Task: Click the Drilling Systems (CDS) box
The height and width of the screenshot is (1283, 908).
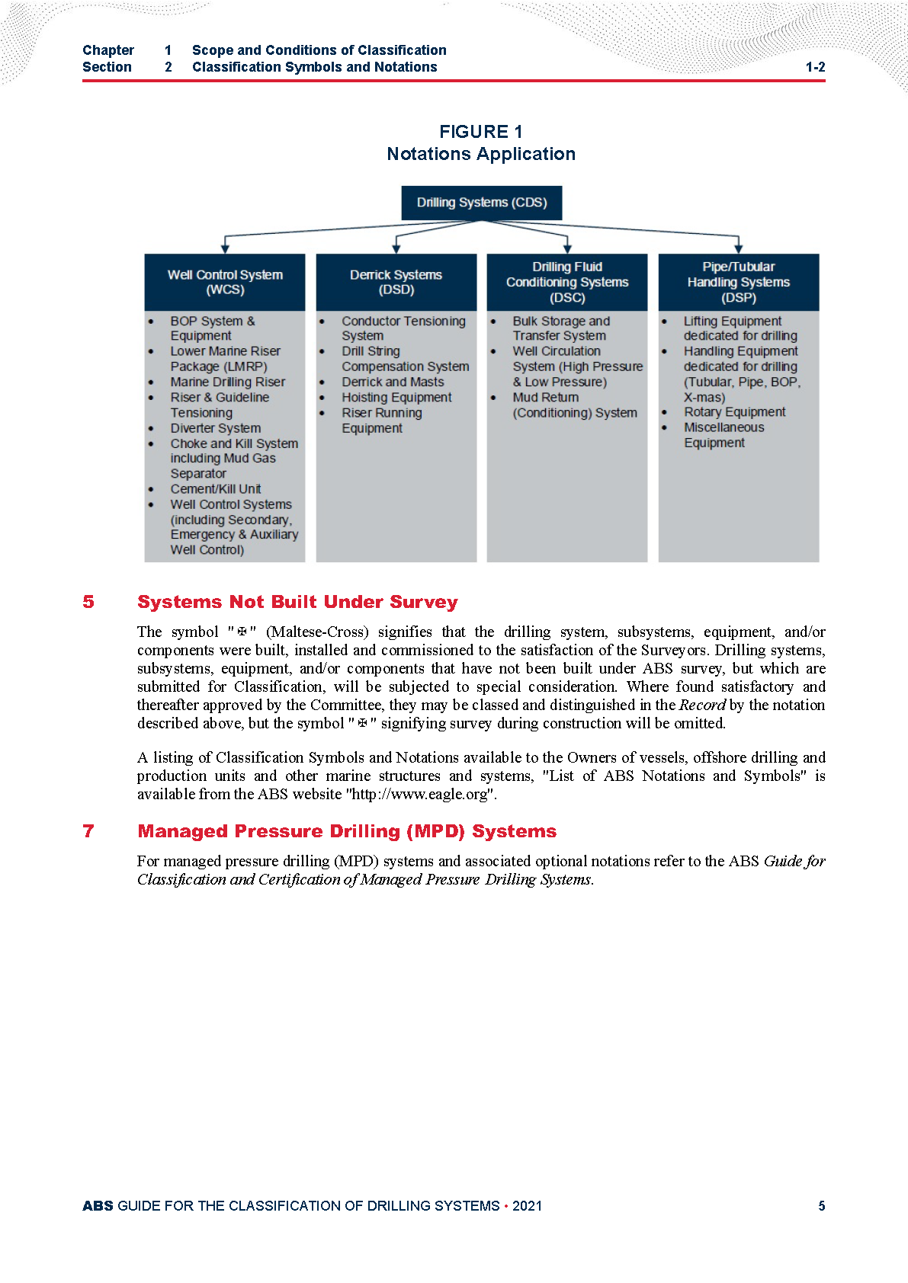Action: pyautogui.click(x=482, y=203)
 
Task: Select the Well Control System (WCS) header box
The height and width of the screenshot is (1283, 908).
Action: pyautogui.click(x=225, y=282)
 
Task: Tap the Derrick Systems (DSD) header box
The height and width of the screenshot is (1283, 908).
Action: pyautogui.click(x=396, y=282)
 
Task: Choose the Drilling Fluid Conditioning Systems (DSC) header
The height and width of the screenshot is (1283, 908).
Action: pyautogui.click(x=567, y=282)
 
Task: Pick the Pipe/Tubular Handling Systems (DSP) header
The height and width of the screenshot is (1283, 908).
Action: pyautogui.click(x=739, y=282)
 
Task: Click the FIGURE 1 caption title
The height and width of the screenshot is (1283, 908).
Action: pyautogui.click(x=481, y=132)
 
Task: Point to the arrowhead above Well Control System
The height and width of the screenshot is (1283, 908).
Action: pyautogui.click(x=225, y=248)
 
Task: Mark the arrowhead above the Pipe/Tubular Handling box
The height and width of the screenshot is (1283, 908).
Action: pyautogui.click(x=739, y=248)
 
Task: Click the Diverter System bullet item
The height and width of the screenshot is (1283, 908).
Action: pyautogui.click(x=216, y=428)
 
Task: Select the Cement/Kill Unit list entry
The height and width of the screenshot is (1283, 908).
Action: pyautogui.click(x=216, y=489)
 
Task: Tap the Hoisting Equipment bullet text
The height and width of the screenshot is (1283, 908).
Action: pyautogui.click(x=396, y=398)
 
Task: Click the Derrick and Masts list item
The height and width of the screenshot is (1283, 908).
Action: pyautogui.click(x=393, y=382)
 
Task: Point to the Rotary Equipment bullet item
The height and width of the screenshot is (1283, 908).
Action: pyautogui.click(x=734, y=412)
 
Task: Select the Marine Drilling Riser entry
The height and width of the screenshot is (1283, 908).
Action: pyautogui.click(x=228, y=382)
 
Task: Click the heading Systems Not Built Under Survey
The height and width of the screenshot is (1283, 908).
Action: pyautogui.click(x=297, y=602)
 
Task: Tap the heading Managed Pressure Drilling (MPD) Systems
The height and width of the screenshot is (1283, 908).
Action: pyautogui.click(x=347, y=831)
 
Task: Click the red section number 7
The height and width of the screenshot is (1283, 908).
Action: pyautogui.click(x=88, y=831)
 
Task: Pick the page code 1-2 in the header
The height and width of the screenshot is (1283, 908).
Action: pyautogui.click(x=815, y=67)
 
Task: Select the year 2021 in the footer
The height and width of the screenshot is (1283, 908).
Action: pyautogui.click(x=527, y=1206)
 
